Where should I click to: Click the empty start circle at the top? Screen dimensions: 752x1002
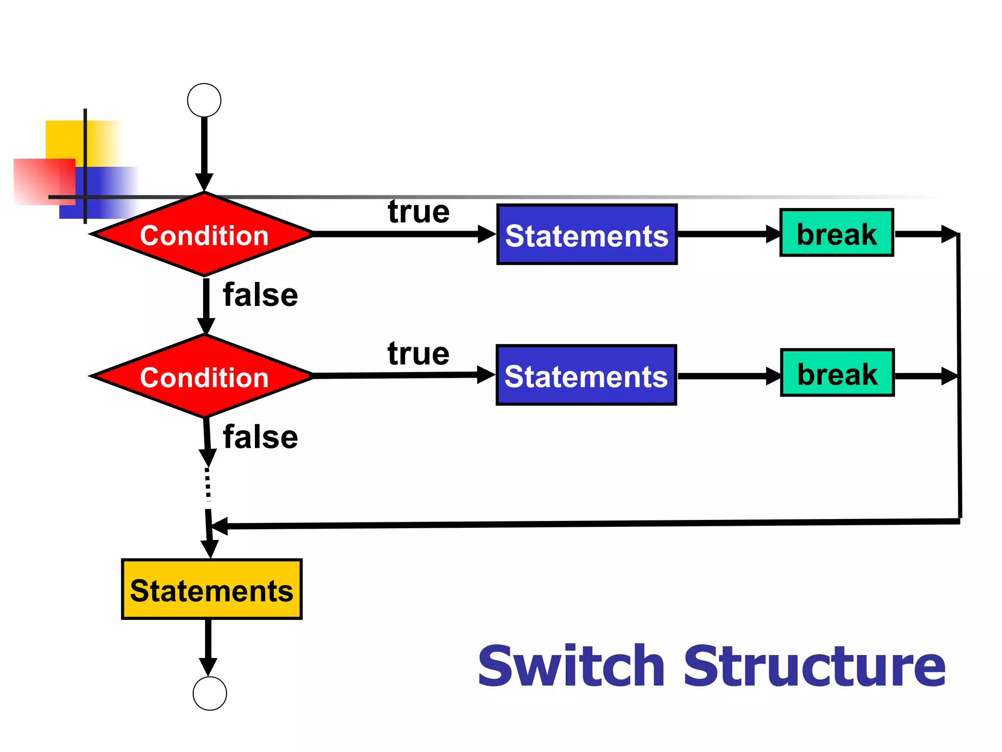pos(204,100)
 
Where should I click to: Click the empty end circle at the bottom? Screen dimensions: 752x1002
pos(209,693)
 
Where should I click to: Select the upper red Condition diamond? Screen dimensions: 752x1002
pos(204,235)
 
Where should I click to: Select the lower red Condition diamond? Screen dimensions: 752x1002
pos(204,376)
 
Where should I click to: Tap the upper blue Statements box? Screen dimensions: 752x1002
pos(587,235)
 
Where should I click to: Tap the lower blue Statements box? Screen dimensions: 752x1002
pos(586,376)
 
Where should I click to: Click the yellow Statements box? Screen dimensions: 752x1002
pos(211,589)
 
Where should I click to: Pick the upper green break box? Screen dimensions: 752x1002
pos(837,233)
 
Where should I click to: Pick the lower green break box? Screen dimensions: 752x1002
pos(837,373)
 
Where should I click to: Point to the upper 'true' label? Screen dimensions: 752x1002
pos(419,211)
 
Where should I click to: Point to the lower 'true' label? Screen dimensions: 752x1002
pos(419,353)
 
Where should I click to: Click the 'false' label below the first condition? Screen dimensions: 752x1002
pos(260,295)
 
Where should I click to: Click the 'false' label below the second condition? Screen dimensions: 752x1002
pos(260,437)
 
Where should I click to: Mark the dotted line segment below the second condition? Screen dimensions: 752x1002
pos(208,485)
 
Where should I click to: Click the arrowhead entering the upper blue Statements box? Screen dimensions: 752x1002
pos(486,234)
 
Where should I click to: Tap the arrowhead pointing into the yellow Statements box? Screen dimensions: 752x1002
pos(210,548)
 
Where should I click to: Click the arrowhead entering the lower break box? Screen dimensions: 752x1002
pos(773,376)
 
